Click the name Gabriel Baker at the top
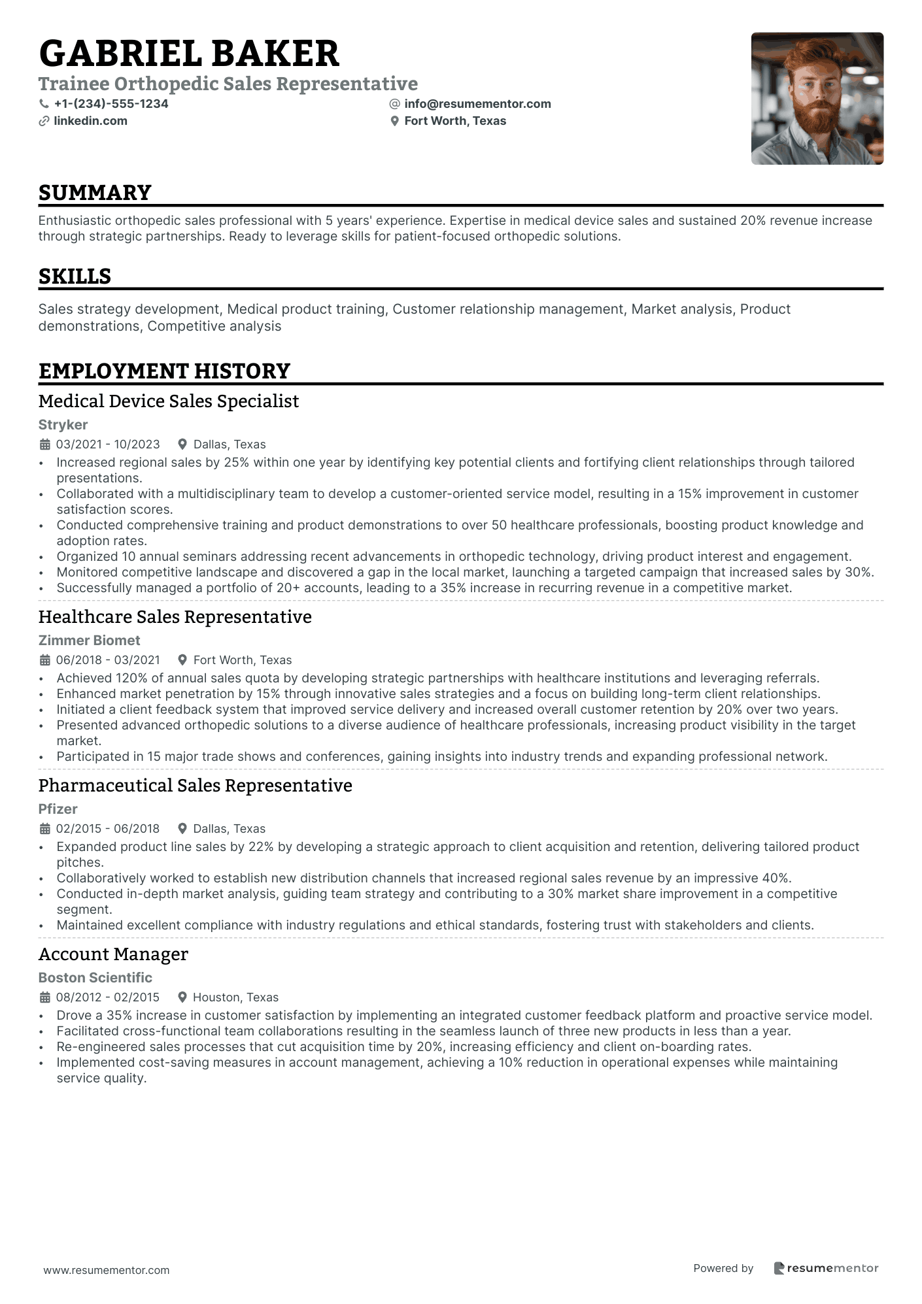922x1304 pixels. pyautogui.click(x=189, y=54)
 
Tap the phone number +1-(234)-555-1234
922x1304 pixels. pyautogui.click(x=111, y=104)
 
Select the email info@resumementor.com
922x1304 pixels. pyautogui.click(x=477, y=104)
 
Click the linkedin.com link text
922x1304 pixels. pyautogui.click(x=90, y=121)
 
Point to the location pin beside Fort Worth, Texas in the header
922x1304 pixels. pyautogui.click(x=394, y=121)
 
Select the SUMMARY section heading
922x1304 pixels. pyautogui.click(x=95, y=193)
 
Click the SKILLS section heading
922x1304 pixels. pyautogui.click(x=75, y=276)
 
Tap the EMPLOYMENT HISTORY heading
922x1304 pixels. pyautogui.click(x=164, y=371)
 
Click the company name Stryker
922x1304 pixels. pyautogui.click(x=63, y=425)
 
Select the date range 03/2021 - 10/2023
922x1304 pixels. pyautogui.click(x=108, y=444)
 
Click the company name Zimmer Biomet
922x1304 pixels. pyautogui.click(x=89, y=641)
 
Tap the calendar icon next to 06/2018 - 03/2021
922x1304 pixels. pyautogui.click(x=45, y=660)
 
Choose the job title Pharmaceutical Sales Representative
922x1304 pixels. pyautogui.click(x=195, y=786)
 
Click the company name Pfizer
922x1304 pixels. pyautogui.click(x=58, y=809)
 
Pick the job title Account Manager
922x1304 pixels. pyautogui.click(x=113, y=954)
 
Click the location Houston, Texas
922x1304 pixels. pyautogui.click(x=235, y=997)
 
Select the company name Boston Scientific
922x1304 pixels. pyautogui.click(x=95, y=978)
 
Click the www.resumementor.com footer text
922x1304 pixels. pyautogui.click(x=106, y=1270)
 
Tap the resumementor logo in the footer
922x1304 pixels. pyautogui.click(x=826, y=1268)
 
